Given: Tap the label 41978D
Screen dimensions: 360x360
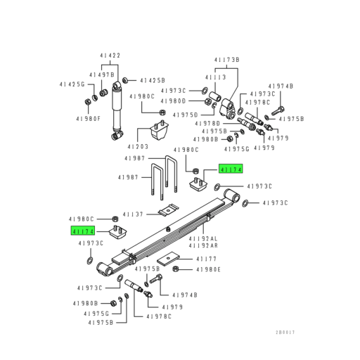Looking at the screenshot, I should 208,124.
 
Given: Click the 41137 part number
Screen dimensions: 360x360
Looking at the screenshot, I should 133,214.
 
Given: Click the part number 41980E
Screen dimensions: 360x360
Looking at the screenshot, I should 209,269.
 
